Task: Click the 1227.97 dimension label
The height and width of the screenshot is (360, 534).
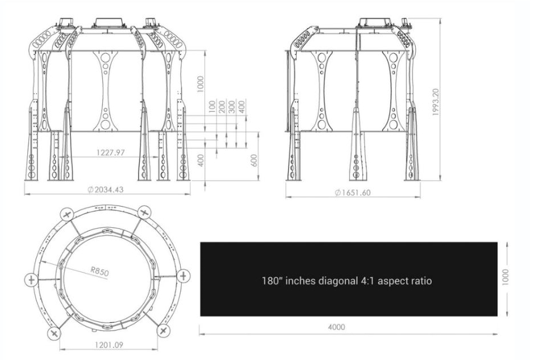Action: (x=111, y=152)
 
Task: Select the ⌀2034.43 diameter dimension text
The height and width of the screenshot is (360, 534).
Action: (x=105, y=190)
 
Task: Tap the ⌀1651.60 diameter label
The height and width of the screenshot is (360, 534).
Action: (x=352, y=192)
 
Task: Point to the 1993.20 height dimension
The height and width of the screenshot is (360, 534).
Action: (x=436, y=102)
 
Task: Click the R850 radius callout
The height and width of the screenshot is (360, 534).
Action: (x=100, y=271)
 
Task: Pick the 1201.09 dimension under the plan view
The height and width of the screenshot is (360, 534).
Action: (x=109, y=345)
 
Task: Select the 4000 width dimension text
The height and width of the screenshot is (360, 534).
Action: (x=336, y=327)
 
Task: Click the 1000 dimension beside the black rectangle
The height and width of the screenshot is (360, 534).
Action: (x=505, y=277)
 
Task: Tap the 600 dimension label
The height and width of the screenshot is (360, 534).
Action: (x=254, y=161)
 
